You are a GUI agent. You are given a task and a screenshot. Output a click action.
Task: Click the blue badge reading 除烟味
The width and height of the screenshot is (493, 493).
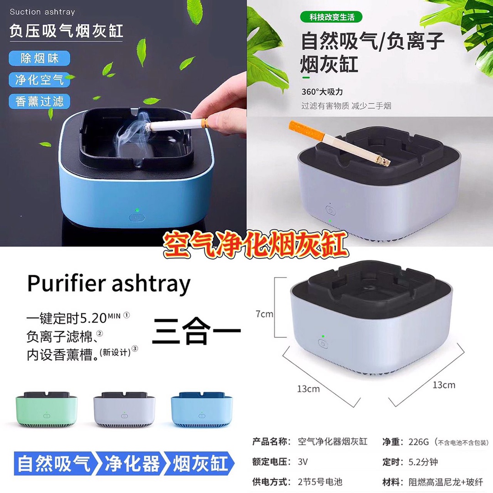click(39, 58)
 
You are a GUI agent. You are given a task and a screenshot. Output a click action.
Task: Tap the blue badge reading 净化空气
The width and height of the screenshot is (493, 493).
click(39, 80)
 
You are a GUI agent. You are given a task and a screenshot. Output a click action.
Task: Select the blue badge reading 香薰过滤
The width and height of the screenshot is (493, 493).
click(39, 101)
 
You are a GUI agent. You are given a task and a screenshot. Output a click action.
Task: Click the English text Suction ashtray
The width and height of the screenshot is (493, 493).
click(42, 12)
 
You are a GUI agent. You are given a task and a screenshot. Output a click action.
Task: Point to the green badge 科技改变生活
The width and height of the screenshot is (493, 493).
click(331, 17)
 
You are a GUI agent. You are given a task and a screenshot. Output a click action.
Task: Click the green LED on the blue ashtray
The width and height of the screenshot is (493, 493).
click(137, 210)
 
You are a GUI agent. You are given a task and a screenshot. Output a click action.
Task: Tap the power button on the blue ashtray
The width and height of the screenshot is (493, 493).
click(137, 218)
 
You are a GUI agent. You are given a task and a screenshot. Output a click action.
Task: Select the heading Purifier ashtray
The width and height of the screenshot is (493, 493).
click(109, 283)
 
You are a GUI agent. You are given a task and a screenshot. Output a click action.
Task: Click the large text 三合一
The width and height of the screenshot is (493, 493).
click(196, 331)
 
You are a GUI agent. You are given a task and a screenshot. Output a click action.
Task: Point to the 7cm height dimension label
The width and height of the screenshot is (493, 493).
click(264, 314)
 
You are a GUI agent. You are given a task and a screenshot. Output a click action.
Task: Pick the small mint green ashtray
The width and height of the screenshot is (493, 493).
click(47, 409)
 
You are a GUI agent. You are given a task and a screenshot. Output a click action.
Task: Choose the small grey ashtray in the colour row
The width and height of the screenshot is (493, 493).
click(124, 409)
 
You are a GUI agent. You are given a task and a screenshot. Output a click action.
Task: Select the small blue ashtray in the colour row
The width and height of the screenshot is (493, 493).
click(202, 409)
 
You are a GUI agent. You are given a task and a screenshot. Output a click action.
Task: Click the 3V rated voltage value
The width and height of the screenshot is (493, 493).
click(303, 462)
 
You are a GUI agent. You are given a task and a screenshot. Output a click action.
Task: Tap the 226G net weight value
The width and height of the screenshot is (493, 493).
click(419, 442)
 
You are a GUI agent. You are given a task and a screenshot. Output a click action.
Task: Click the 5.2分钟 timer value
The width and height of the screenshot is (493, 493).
click(423, 462)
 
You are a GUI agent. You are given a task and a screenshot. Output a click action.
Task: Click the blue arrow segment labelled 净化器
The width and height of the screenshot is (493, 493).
click(132, 463)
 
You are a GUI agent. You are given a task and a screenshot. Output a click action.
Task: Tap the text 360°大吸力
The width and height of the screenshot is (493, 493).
click(322, 92)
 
